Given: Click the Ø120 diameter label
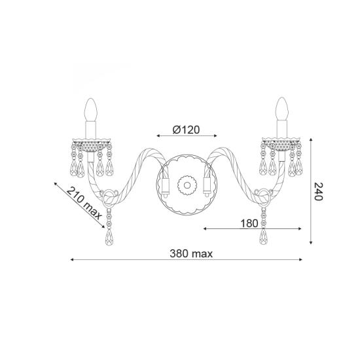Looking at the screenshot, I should click(187, 129).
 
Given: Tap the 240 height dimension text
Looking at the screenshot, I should click(319, 191).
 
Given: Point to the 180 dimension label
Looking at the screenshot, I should click(249, 223).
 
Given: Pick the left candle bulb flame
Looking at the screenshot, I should click(91, 106).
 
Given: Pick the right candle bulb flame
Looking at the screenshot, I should click(283, 106).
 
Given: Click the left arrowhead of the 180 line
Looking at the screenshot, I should click(205, 229).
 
